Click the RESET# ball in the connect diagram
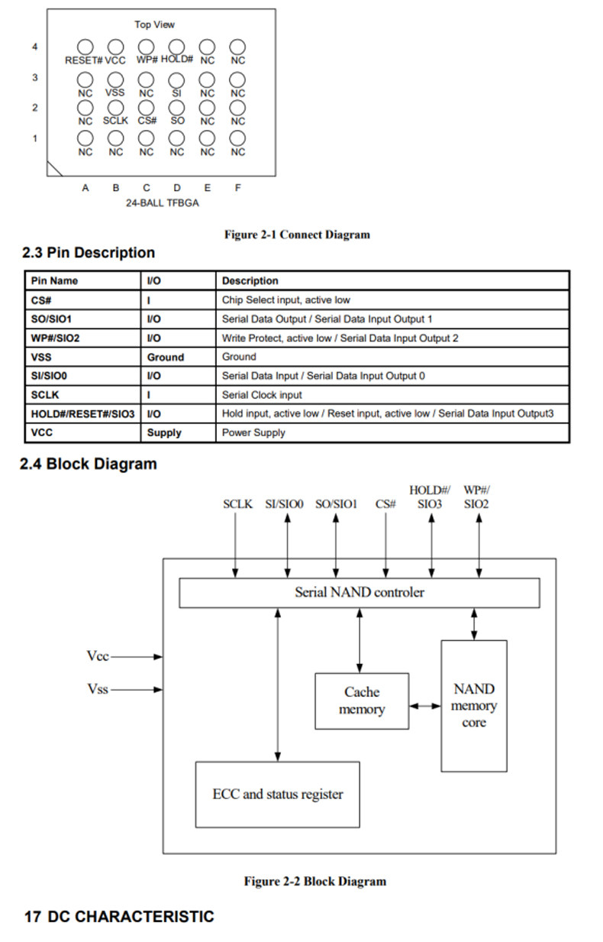tap(85, 47)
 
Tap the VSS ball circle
tap(115, 79)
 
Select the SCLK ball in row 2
tap(115, 108)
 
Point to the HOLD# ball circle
tap(176, 47)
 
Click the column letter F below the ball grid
tap(237, 188)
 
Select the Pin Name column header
tap(54, 280)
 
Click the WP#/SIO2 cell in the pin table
tap(56, 338)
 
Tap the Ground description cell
tap(239, 357)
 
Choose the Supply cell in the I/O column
tap(164, 432)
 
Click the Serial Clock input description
tap(262, 395)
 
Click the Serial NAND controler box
tap(359, 592)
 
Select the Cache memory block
tap(362, 701)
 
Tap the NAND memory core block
tap(474, 705)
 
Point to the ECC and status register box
tap(277, 794)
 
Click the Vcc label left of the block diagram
tap(98, 656)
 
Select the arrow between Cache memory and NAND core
tap(425, 706)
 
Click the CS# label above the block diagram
tap(386, 504)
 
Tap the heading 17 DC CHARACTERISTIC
tap(119, 917)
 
